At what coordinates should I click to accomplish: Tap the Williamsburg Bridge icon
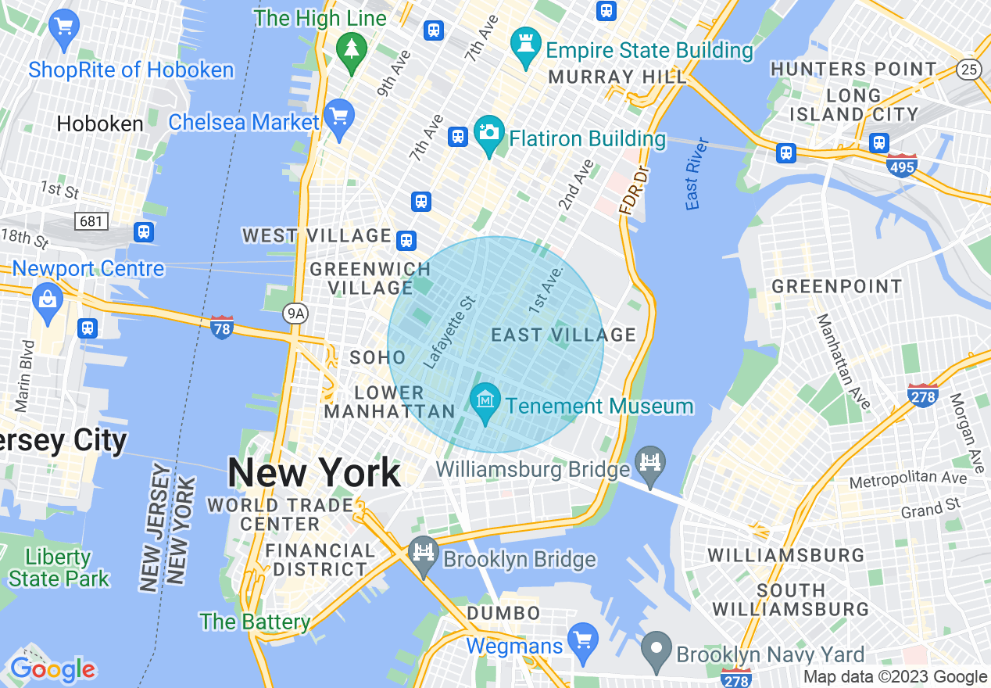point(650,462)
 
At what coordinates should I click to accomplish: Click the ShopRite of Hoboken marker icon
point(64,28)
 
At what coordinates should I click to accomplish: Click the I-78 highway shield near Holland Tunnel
point(222,328)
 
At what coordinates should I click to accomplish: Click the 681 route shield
point(91,221)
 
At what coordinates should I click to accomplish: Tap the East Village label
point(563,335)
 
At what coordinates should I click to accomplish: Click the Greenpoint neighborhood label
point(837,287)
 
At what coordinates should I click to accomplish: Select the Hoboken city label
point(100,124)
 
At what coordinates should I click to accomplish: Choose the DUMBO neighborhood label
point(503,614)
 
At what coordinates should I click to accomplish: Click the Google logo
point(52,669)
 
